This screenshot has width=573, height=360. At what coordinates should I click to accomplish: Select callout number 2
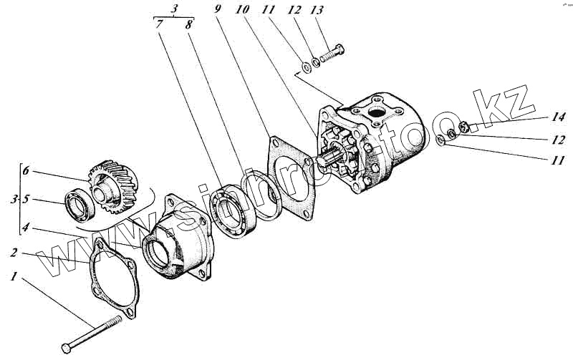point(14,253)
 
